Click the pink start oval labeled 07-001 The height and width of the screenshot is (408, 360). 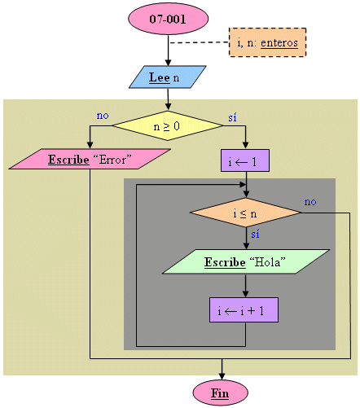coord(168,19)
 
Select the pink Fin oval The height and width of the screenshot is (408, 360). coord(221,393)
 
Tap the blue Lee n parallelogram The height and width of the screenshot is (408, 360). coord(167,77)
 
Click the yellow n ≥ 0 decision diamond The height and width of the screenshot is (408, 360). coord(168,125)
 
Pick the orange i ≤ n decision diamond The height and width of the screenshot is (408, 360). coord(246,213)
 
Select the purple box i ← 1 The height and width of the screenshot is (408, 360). coord(245,160)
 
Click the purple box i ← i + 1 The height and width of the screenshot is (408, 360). coord(244,310)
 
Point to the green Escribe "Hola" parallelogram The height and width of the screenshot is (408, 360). coord(246,261)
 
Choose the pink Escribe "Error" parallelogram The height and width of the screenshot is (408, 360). coord(90,159)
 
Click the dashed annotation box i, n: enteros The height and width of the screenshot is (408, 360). coord(268,42)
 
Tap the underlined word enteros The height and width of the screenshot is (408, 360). coord(279,43)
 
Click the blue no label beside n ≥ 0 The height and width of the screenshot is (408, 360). coord(103,116)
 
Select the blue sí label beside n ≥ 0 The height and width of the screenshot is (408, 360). coord(232,117)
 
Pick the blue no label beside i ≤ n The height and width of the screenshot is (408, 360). coord(310,202)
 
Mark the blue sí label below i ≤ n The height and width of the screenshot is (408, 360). coord(255,234)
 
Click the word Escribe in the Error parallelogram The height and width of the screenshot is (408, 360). coord(68,160)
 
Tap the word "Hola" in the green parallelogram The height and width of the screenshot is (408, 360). coord(267,262)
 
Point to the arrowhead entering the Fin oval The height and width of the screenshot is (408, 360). coord(222,376)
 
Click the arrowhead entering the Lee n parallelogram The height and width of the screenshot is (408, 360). coord(168,62)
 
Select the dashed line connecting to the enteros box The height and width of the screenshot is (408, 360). coord(199,42)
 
